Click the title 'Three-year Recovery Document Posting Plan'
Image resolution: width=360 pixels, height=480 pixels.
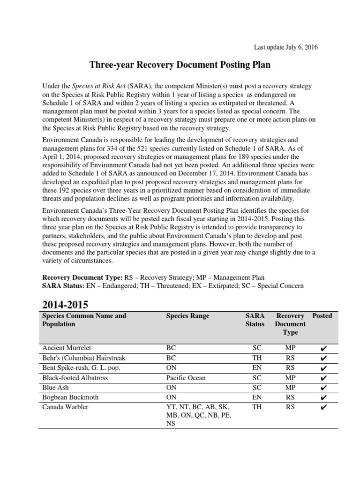click(180, 65)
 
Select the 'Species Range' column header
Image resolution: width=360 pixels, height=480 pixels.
click(187, 316)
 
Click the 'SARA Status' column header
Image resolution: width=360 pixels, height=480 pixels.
click(255, 320)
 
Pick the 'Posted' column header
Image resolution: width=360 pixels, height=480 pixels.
click(322, 316)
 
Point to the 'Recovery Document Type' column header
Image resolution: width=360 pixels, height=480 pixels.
click(290, 324)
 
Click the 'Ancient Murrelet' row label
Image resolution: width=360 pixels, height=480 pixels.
click(67, 348)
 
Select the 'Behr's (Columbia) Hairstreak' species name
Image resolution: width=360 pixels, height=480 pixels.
click(83, 358)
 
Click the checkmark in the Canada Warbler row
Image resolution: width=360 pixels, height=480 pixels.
click(322, 407)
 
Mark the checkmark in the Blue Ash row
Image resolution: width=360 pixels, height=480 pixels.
click(322, 388)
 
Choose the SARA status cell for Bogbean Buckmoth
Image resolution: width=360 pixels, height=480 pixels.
click(257, 397)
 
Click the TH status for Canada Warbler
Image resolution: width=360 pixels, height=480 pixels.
click(257, 407)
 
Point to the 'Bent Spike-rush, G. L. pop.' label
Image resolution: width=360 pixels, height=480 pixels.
click(81, 368)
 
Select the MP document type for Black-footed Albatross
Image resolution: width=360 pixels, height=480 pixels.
click(290, 377)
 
